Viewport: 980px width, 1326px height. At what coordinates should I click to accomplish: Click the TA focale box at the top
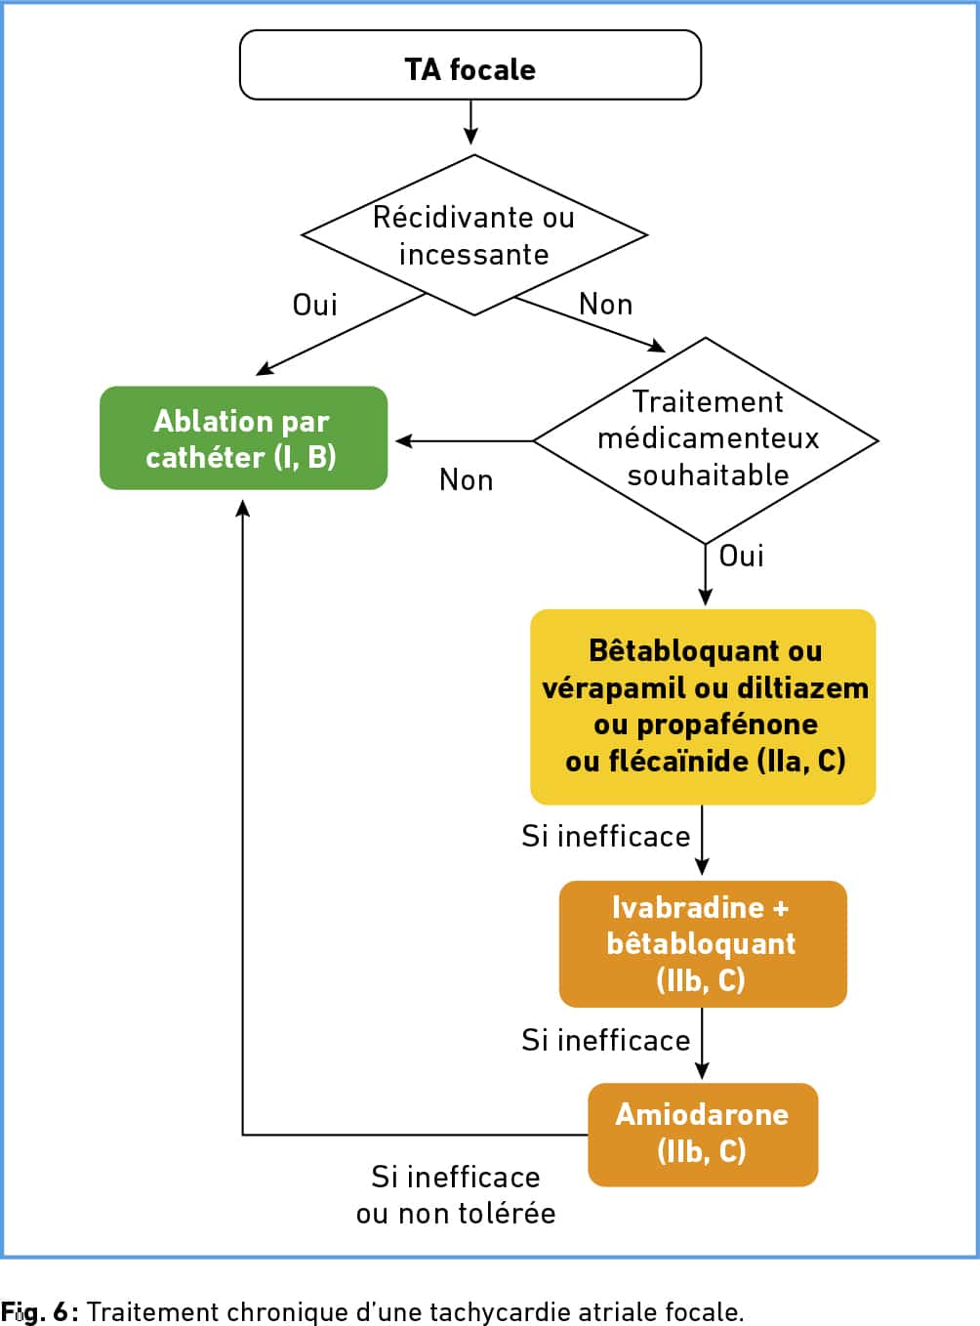(470, 65)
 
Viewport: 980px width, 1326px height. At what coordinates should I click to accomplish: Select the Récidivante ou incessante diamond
(474, 235)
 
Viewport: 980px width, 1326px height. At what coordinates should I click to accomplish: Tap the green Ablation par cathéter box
(243, 438)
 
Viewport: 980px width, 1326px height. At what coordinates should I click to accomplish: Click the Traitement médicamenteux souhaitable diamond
(706, 439)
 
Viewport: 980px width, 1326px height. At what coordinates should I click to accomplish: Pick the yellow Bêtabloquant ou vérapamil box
(703, 707)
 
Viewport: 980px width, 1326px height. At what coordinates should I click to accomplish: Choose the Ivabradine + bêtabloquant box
(703, 944)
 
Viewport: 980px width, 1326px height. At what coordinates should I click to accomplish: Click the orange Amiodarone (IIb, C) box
(703, 1135)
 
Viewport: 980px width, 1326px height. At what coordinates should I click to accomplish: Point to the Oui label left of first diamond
(315, 305)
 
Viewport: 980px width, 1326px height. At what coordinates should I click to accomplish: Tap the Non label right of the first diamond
(606, 305)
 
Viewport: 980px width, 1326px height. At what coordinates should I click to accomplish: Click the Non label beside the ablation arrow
(467, 480)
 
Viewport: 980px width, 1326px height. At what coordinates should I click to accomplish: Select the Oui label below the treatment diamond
(742, 556)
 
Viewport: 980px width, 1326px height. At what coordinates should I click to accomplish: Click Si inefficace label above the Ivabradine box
(606, 837)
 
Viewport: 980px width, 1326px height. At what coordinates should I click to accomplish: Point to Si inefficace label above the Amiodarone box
(606, 1041)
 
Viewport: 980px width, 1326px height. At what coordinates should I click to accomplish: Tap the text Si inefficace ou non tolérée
(456, 1195)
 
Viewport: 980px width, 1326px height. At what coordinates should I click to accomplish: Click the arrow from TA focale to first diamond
(470, 122)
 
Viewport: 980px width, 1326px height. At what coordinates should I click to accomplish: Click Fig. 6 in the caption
(37, 1311)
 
